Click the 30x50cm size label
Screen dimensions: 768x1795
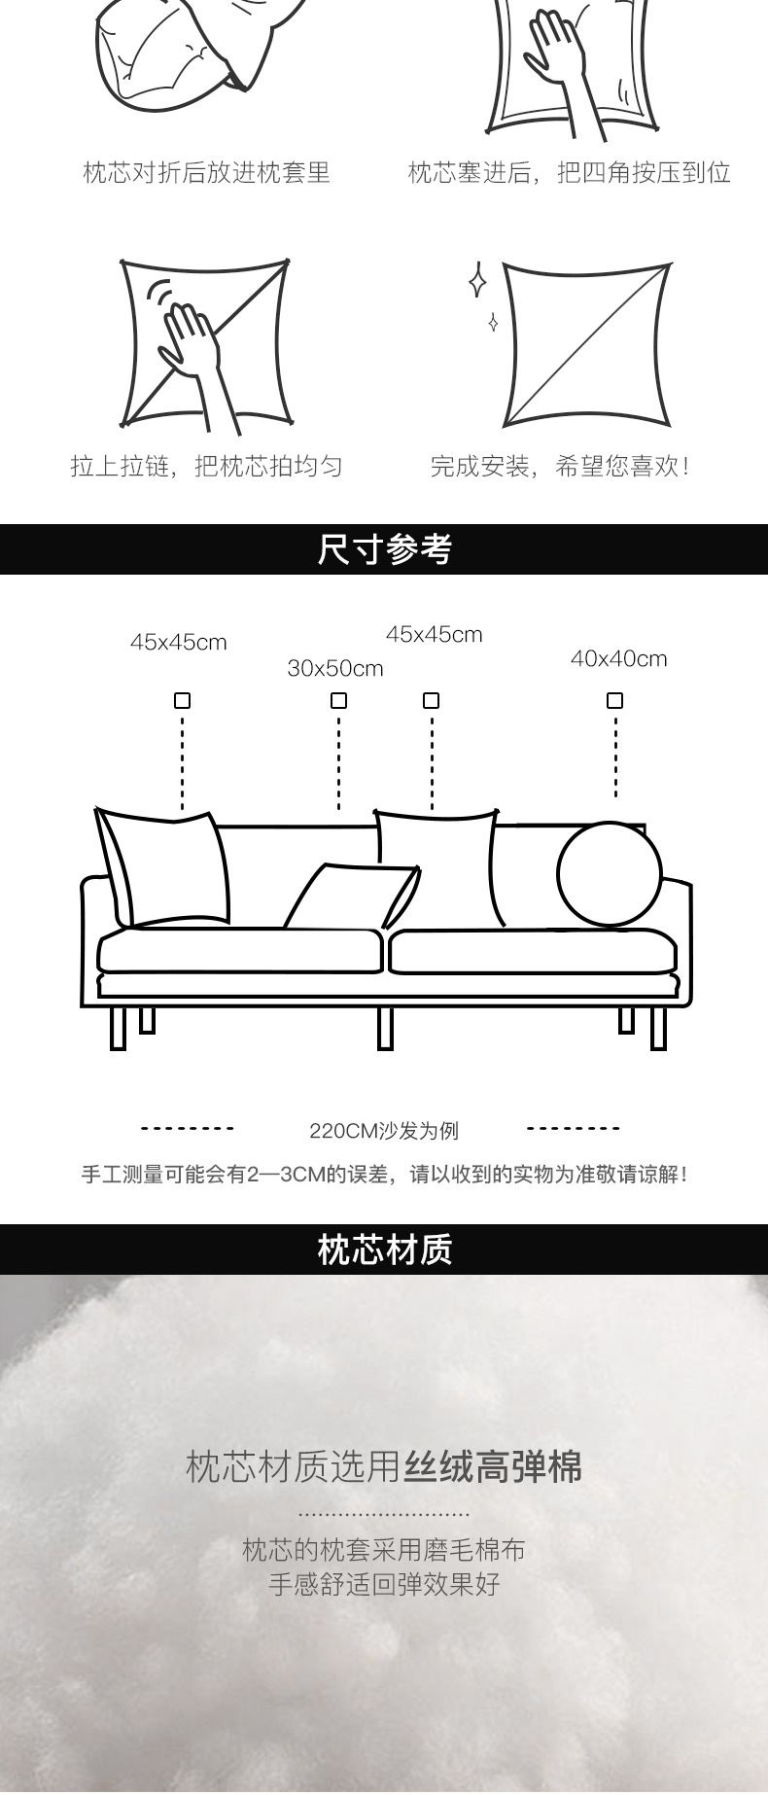[335, 669]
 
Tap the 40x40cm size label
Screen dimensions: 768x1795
[618, 658]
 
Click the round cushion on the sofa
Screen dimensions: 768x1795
[609, 873]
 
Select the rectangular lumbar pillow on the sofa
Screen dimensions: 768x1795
[352, 897]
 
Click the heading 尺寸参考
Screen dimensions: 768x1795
[384, 549]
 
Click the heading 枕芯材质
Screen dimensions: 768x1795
[384, 1249]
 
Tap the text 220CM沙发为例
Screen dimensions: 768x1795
[384, 1131]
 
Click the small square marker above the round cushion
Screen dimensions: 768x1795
[614, 700]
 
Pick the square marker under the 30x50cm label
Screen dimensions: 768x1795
[338, 700]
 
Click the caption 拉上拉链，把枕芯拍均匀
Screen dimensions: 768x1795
[206, 466]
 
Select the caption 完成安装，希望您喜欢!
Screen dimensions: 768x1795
[561, 466]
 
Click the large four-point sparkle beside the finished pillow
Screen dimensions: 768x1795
[477, 280]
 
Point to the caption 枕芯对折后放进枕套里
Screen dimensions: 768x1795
[206, 173]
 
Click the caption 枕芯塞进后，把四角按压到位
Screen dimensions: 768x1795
[569, 173]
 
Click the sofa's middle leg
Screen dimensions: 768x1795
[385, 1029]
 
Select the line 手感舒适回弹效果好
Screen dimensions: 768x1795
[384, 1584]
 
